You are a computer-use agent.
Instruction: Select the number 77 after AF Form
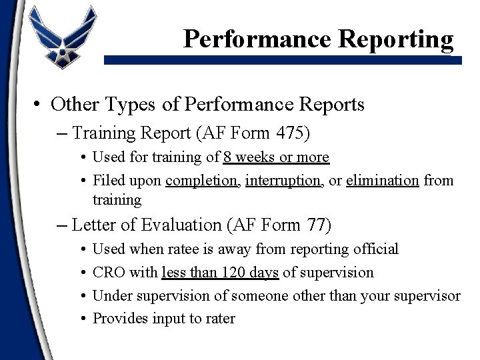314,225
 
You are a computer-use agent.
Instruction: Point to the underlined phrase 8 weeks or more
276,157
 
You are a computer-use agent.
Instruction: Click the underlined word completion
202,180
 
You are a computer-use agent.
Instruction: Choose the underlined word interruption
283,180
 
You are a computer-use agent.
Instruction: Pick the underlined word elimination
383,180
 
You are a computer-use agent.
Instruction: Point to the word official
375,249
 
